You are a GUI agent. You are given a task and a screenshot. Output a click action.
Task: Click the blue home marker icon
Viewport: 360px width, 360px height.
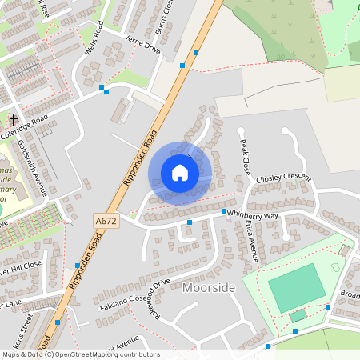pos(180,173)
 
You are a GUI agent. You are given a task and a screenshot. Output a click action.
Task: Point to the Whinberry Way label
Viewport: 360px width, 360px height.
pos(253,215)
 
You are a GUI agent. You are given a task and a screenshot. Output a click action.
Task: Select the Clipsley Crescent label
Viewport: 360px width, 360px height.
pos(282,178)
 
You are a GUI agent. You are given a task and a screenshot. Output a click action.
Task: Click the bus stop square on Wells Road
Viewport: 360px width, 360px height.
pos(102,86)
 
